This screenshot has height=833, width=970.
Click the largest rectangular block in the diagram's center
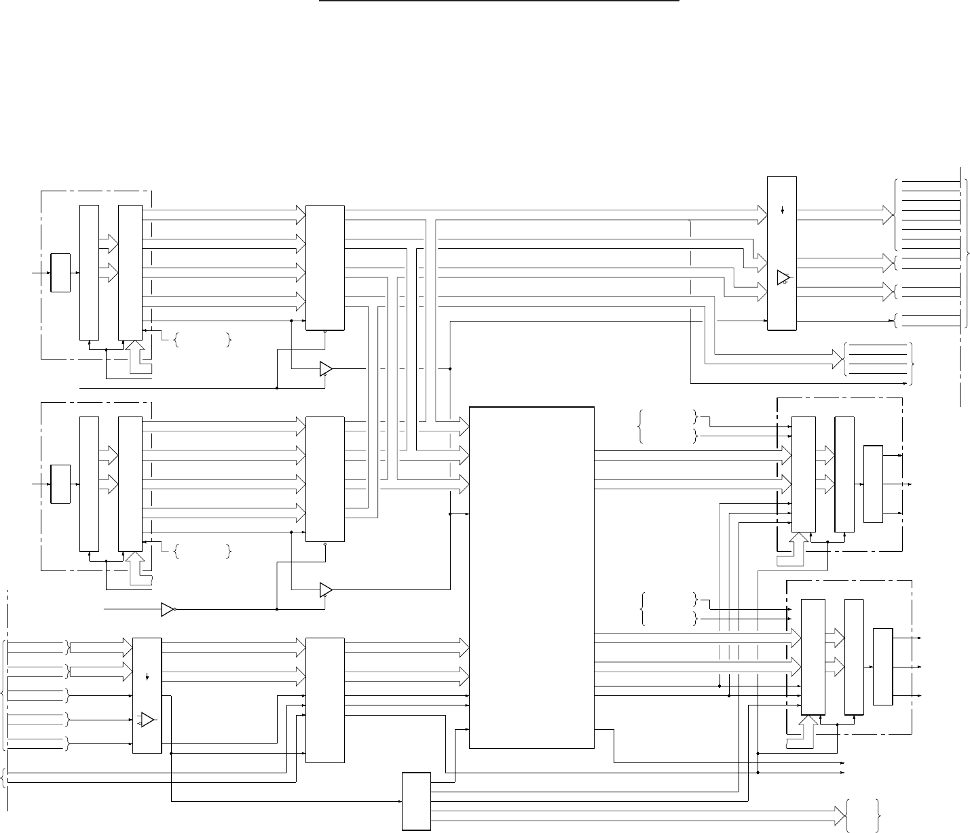click(531, 577)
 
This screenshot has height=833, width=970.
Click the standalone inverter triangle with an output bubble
click(168, 609)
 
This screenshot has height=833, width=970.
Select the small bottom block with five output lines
click(416, 800)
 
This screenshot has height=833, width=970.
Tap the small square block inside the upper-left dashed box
click(60, 273)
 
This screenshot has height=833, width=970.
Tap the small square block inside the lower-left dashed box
click(60, 484)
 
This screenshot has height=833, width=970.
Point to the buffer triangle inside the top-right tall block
click(783, 277)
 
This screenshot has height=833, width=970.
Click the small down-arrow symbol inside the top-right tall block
click(783, 210)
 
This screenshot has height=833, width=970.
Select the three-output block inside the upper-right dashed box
click(873, 484)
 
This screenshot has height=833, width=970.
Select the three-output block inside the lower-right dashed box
click(882, 667)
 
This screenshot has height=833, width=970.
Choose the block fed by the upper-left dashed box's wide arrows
click(325, 267)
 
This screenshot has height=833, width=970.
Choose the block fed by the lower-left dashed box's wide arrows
click(325, 479)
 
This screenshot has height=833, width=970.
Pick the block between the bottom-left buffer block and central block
click(325, 699)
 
